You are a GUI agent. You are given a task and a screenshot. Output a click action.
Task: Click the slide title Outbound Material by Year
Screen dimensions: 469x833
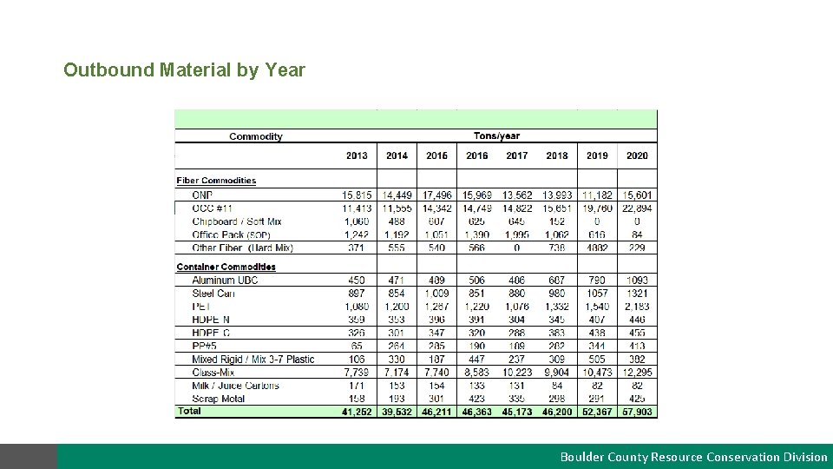pyautogui.click(x=184, y=69)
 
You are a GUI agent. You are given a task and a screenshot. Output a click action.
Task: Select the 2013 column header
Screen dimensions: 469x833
pyautogui.click(x=357, y=155)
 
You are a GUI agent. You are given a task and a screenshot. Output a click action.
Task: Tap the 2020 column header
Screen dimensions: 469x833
pyautogui.click(x=637, y=155)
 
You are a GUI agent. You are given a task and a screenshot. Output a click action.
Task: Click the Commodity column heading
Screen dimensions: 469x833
pyautogui.click(x=255, y=136)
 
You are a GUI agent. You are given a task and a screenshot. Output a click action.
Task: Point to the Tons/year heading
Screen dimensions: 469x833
pyautogui.click(x=497, y=135)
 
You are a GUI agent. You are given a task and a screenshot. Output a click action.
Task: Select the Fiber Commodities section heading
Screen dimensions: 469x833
pyautogui.click(x=216, y=181)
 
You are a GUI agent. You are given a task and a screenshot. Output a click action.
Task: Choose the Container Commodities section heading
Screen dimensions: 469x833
pyautogui.click(x=226, y=267)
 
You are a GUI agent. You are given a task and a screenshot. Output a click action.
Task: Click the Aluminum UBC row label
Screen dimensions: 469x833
pyautogui.click(x=225, y=281)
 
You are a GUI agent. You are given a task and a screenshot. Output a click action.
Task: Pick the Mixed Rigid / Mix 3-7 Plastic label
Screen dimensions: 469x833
pyautogui.click(x=253, y=360)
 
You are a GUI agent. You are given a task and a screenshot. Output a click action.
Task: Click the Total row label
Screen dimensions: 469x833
pyautogui.click(x=189, y=411)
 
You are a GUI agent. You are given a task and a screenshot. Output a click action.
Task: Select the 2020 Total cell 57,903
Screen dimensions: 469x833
pyautogui.click(x=637, y=412)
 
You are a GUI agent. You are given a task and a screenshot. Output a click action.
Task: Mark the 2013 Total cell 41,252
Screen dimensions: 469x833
pyautogui.click(x=357, y=412)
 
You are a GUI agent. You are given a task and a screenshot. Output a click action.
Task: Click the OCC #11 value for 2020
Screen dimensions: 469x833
pyautogui.click(x=637, y=208)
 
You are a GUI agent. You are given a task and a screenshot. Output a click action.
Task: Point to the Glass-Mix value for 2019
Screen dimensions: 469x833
pyautogui.click(x=597, y=373)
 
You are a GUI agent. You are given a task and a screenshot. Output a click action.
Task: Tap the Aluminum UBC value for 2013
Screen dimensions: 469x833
pyautogui.click(x=357, y=281)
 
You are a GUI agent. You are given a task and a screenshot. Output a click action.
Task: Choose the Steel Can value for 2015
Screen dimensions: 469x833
pyautogui.click(x=437, y=294)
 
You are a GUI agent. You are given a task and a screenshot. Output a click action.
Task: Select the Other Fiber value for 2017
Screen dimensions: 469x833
pyautogui.click(x=517, y=248)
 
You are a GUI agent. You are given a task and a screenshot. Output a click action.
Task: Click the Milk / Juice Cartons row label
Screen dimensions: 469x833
pyautogui.click(x=235, y=386)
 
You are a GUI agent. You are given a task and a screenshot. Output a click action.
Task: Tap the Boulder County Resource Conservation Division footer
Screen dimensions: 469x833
pyautogui.click(x=693, y=457)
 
